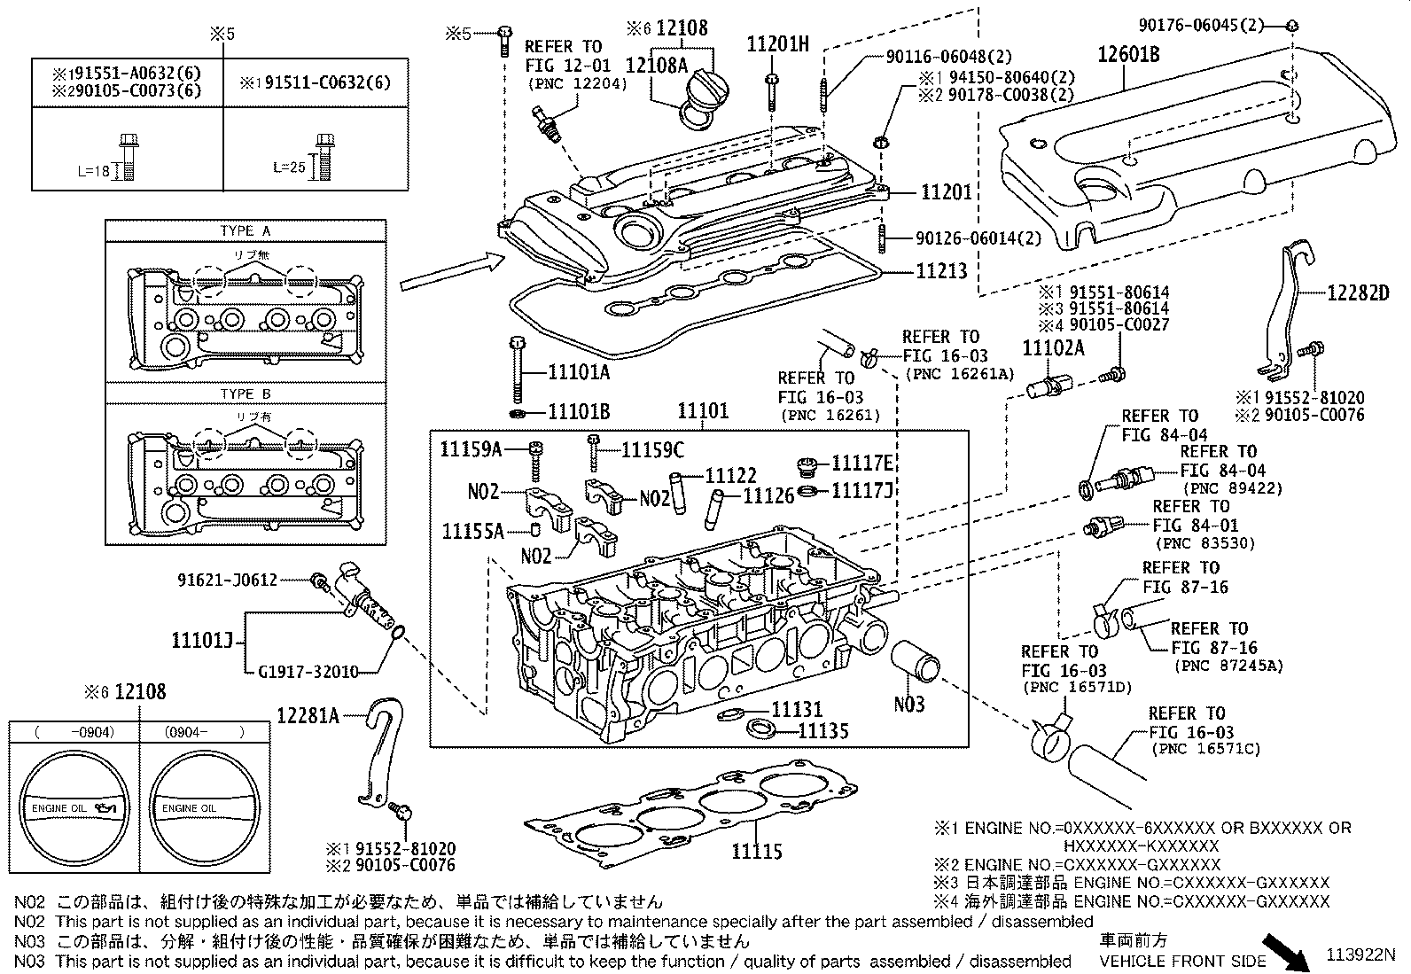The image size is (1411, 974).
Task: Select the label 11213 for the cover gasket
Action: click(x=941, y=271)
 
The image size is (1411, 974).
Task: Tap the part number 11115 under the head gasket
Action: click(x=757, y=852)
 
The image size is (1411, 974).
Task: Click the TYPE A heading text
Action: click(x=246, y=230)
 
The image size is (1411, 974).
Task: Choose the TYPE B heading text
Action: click(x=246, y=393)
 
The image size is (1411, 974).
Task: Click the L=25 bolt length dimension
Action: click(x=289, y=167)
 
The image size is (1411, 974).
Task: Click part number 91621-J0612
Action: click(x=227, y=581)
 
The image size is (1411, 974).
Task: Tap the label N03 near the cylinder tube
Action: click(x=908, y=705)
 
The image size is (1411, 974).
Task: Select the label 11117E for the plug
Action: click(x=861, y=464)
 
